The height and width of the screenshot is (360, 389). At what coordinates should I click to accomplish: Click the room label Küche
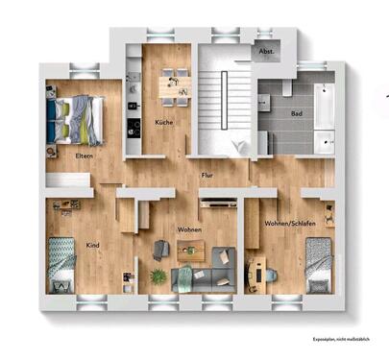pos(162,123)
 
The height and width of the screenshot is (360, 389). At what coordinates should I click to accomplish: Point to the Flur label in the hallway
pos(207,177)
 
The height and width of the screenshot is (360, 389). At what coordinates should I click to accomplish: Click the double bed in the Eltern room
pos(76,117)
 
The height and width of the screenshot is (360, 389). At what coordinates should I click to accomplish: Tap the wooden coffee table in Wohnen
pos(192,252)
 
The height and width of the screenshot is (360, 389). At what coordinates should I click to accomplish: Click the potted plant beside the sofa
pos(158,276)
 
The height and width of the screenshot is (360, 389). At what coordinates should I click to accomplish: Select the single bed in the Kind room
pos(63,265)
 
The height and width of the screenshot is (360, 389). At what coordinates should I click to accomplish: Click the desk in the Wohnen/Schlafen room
pos(255,274)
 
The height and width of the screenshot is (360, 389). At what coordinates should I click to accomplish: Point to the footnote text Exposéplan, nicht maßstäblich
pos(339,340)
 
